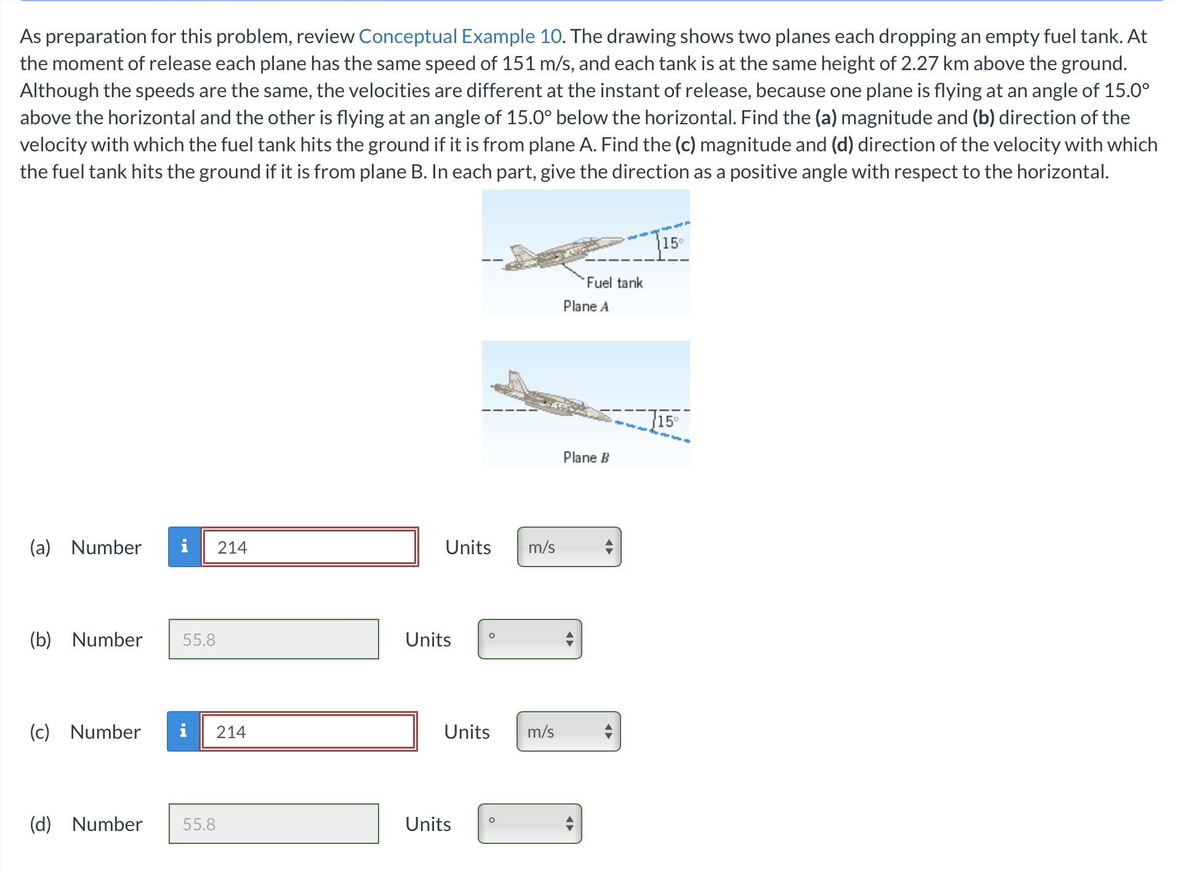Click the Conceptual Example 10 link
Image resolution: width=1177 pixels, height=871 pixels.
(x=460, y=36)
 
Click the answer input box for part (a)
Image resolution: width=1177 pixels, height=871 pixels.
(x=309, y=547)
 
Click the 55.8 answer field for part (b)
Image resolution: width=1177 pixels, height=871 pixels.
(x=273, y=639)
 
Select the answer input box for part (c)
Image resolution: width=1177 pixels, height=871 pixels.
(x=308, y=731)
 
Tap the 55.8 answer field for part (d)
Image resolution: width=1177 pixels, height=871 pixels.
(x=273, y=824)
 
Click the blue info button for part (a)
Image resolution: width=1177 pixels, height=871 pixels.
(x=184, y=547)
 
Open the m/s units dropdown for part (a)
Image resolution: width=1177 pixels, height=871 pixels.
(x=569, y=547)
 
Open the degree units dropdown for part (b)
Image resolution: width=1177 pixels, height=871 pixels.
(x=529, y=639)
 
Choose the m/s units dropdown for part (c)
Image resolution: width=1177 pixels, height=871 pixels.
(x=568, y=731)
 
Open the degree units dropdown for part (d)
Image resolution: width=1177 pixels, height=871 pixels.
(x=529, y=824)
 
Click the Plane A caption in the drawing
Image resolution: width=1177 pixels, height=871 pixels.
(x=585, y=306)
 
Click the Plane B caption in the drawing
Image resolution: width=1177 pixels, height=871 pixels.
(x=585, y=458)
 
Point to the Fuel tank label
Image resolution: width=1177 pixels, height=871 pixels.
(x=614, y=283)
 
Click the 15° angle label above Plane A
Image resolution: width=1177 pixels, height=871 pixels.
(x=672, y=243)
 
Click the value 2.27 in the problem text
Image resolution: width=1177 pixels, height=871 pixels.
(x=919, y=63)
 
